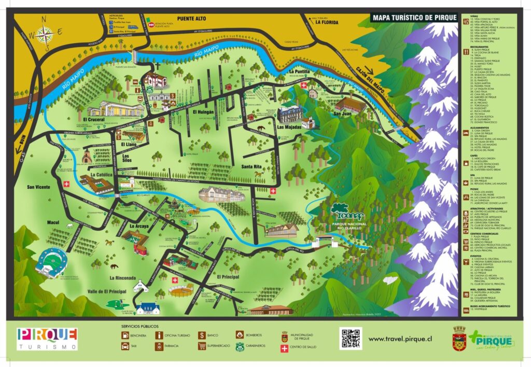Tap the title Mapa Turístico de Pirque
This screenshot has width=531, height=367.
(x=414, y=18)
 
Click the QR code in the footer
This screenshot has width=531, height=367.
(x=351, y=338)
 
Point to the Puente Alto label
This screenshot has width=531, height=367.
(x=192, y=18)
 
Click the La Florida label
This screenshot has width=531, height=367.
(x=326, y=22)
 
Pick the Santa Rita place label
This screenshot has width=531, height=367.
(x=254, y=166)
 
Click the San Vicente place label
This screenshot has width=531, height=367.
(x=39, y=187)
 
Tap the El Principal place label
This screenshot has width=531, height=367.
(x=229, y=277)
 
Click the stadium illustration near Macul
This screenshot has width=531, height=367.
(x=51, y=262)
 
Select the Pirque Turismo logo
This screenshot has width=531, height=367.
(x=47, y=338)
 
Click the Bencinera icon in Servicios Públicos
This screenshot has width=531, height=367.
(x=125, y=335)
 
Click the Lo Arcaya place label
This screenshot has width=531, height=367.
(x=139, y=226)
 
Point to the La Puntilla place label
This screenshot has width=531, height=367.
(x=299, y=72)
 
